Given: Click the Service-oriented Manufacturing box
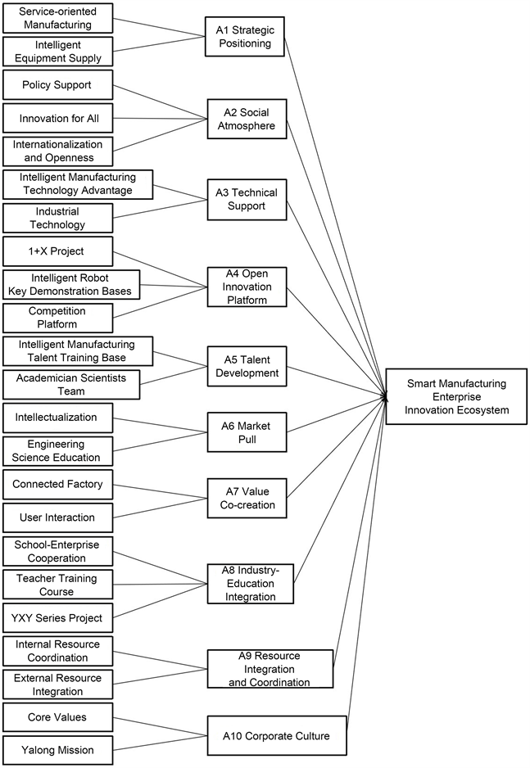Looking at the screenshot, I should [x=57, y=19].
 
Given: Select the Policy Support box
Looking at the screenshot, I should [x=57, y=85].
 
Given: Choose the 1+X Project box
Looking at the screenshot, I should [x=57, y=251].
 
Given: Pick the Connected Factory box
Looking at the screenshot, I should [x=57, y=484].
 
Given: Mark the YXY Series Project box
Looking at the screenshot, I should [x=57, y=617].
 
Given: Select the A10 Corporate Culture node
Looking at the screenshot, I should [x=277, y=736].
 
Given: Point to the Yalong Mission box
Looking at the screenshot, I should [x=57, y=751].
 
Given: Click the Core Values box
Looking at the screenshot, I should [x=57, y=717].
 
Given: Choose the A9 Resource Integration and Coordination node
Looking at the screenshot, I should [x=270, y=669].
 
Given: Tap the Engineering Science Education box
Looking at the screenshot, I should [x=57, y=450].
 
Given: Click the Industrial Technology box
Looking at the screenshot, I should [x=57, y=218].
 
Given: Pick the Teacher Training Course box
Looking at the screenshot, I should [x=57, y=585].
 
